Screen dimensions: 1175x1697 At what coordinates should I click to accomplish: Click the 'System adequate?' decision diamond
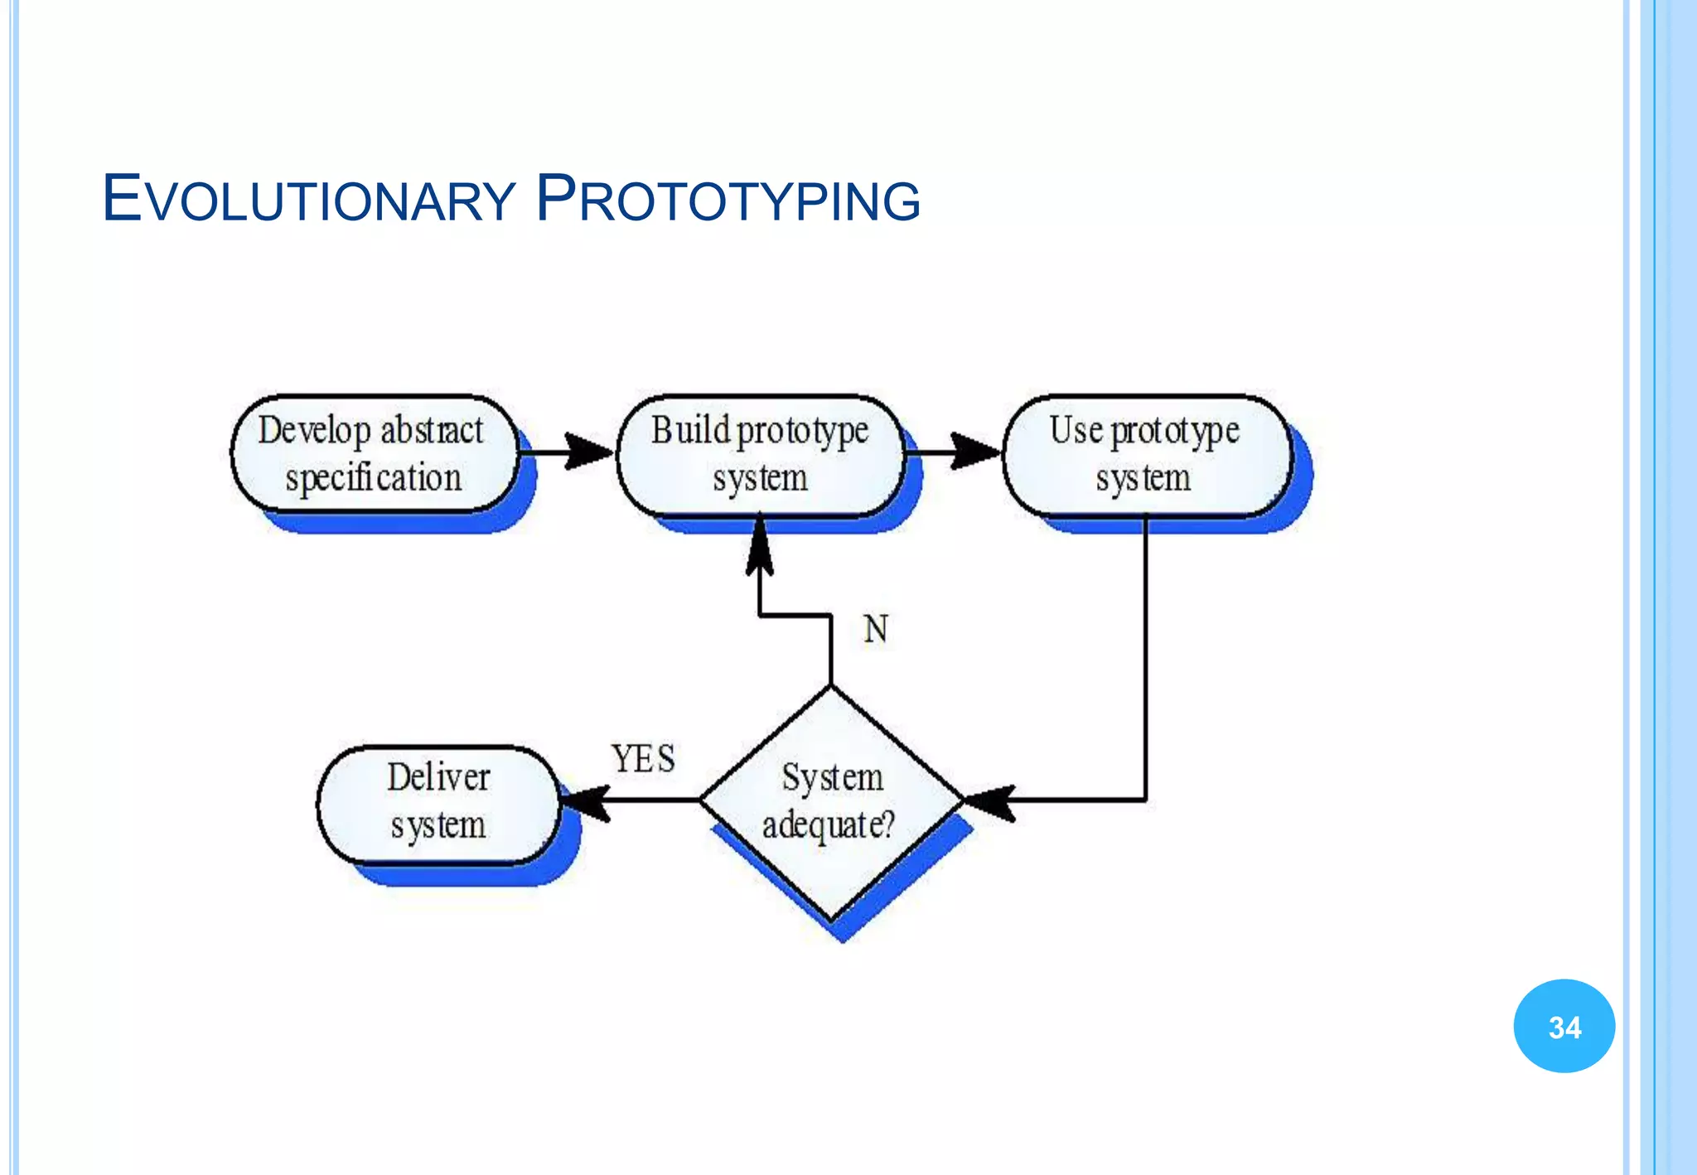pyautogui.click(x=831, y=802)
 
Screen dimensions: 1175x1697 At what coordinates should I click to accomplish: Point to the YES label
pyautogui.click(x=643, y=758)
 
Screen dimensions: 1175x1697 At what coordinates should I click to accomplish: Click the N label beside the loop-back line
pyautogui.click(x=876, y=630)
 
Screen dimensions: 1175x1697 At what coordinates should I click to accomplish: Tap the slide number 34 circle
pyautogui.click(x=1564, y=1027)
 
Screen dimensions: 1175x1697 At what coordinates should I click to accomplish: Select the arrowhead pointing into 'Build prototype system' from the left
pyautogui.click(x=590, y=452)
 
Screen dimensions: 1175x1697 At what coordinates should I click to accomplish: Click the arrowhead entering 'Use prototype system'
pyautogui.click(x=976, y=452)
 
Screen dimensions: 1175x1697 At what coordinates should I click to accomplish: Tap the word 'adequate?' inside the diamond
pyautogui.click(x=829, y=825)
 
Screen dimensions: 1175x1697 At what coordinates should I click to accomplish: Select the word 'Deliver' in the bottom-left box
pyautogui.click(x=439, y=778)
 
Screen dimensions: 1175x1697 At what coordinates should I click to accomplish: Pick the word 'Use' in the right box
pyautogui.click(x=1076, y=431)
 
